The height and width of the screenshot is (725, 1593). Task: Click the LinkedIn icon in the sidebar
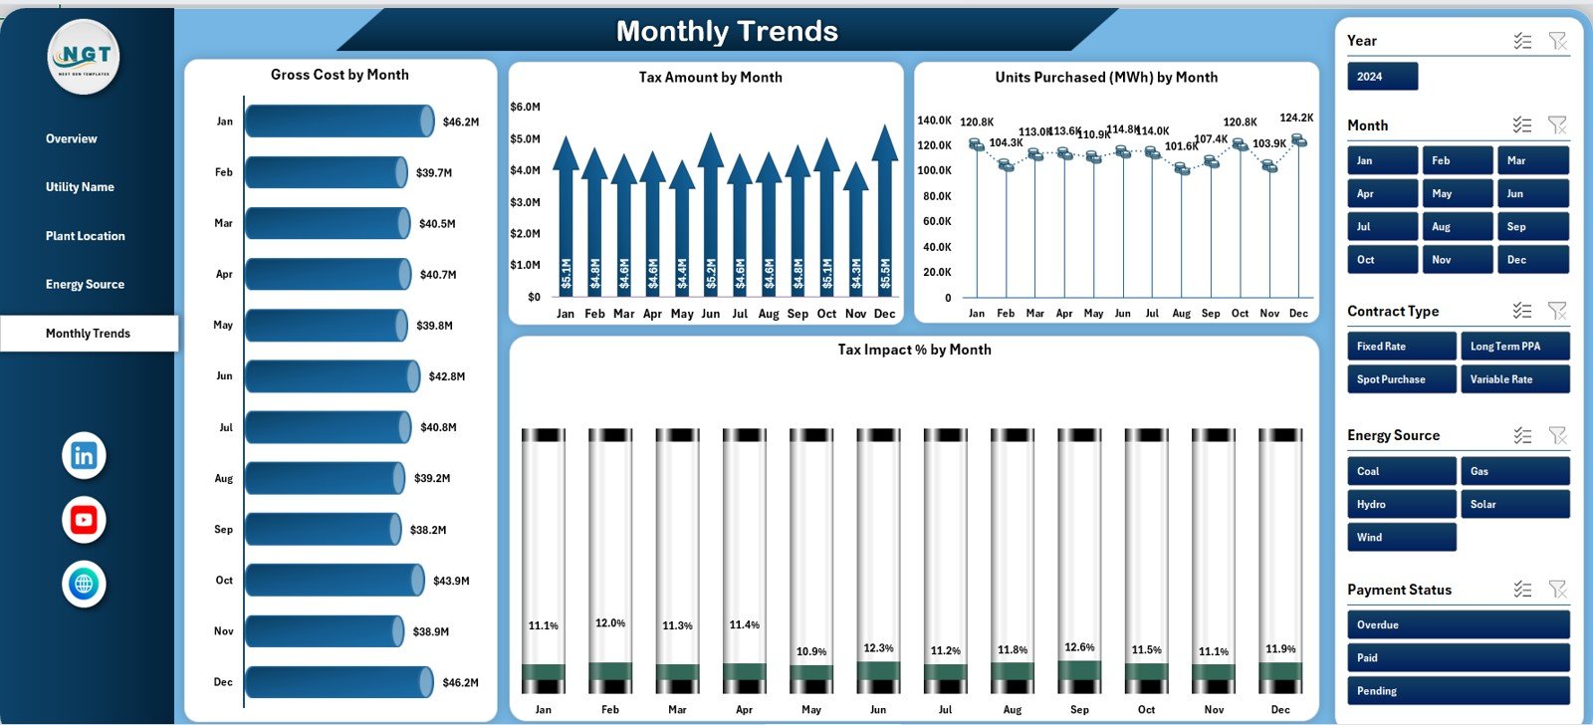point(84,456)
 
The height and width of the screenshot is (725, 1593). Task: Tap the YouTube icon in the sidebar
point(84,520)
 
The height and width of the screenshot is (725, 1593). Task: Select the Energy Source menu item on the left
point(85,285)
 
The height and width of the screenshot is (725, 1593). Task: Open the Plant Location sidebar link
point(86,236)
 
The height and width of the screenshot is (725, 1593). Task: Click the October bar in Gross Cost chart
point(335,581)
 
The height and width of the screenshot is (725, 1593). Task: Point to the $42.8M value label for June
point(447,376)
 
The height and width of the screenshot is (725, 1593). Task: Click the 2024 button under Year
point(1382,77)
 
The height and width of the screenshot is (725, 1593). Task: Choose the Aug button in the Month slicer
point(1457,227)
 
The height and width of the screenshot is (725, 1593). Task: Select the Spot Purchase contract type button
point(1401,379)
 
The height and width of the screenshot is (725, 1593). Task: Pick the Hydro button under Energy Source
point(1401,505)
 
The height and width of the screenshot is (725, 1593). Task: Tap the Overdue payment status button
point(1458,625)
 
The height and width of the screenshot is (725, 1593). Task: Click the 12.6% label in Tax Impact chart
point(1079,647)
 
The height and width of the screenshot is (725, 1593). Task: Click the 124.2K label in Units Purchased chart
point(1296,118)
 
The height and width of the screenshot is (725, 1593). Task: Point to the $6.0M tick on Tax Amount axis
point(525,107)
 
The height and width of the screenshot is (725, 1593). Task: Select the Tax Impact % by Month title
point(914,350)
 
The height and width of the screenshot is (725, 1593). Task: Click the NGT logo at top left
point(84,57)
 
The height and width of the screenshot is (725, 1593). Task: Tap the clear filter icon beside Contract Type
point(1557,311)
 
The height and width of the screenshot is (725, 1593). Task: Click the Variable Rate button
point(1513,379)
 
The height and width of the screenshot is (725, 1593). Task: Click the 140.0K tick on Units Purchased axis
point(934,121)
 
